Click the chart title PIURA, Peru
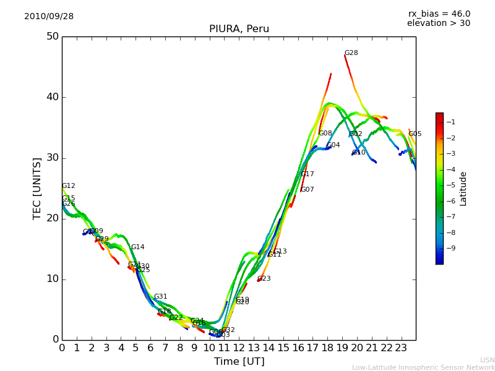click(239, 29)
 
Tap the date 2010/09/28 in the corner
click(49, 17)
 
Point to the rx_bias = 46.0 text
click(439, 14)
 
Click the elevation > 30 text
click(439, 23)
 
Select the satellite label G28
click(351, 53)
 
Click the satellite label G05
click(415, 134)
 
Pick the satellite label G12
click(68, 186)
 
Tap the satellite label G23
click(264, 279)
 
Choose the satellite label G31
click(160, 297)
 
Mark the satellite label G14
click(137, 247)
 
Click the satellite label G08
click(325, 134)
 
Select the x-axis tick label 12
click(239, 348)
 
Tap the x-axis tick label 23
click(401, 348)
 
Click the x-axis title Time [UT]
click(239, 362)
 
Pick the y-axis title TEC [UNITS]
click(37, 188)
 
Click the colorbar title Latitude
click(463, 189)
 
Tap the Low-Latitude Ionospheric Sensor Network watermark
click(423, 368)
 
